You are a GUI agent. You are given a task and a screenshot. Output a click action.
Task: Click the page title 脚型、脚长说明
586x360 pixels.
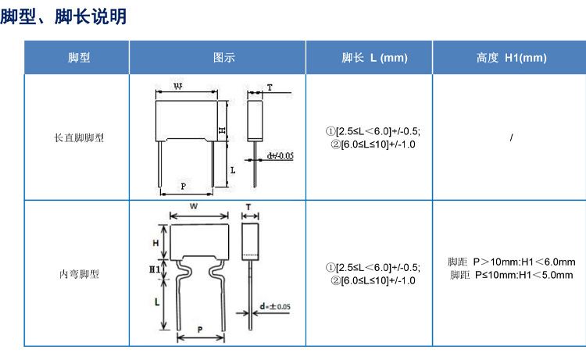pos(63,16)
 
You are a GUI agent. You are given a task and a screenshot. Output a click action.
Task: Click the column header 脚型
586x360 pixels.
pos(79,58)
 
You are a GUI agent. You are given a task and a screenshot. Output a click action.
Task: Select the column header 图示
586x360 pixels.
pos(224,58)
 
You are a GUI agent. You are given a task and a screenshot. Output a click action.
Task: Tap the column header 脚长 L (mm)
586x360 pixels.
pos(374,58)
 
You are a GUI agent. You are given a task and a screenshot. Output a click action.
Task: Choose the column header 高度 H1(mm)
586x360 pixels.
pos(511,58)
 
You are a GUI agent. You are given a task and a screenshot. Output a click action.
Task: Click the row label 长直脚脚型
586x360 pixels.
pos(79,137)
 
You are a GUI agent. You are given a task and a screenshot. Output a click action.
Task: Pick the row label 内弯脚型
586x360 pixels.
pos(79,274)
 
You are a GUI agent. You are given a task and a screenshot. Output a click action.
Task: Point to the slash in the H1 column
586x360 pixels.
pos(511,137)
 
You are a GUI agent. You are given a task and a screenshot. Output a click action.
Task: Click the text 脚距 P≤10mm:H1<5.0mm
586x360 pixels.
pos(511,275)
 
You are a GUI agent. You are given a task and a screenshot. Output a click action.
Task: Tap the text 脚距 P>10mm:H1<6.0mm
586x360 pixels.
pos(511,262)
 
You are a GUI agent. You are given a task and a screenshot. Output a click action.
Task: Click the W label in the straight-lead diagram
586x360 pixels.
pos(178,86)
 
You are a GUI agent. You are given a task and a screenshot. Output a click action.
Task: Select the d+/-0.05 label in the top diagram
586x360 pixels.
pos(280,155)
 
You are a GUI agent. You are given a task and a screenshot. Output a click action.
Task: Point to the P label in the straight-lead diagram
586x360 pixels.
pos(184,186)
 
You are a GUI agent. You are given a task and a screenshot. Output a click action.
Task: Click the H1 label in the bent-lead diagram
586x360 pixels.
pos(155,269)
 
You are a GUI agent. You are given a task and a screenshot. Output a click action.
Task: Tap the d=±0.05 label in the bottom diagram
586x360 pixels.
pos(276,307)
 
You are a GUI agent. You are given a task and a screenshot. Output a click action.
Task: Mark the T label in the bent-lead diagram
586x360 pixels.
pos(248,206)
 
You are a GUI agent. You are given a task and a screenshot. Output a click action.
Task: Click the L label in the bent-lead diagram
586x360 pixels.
pos(157,302)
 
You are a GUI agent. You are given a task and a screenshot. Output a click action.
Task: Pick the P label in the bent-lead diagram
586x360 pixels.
pos(200,330)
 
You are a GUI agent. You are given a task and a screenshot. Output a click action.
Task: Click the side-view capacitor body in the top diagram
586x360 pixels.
pos(255,120)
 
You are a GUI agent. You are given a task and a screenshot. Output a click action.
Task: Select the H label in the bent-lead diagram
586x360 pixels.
pos(155,243)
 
